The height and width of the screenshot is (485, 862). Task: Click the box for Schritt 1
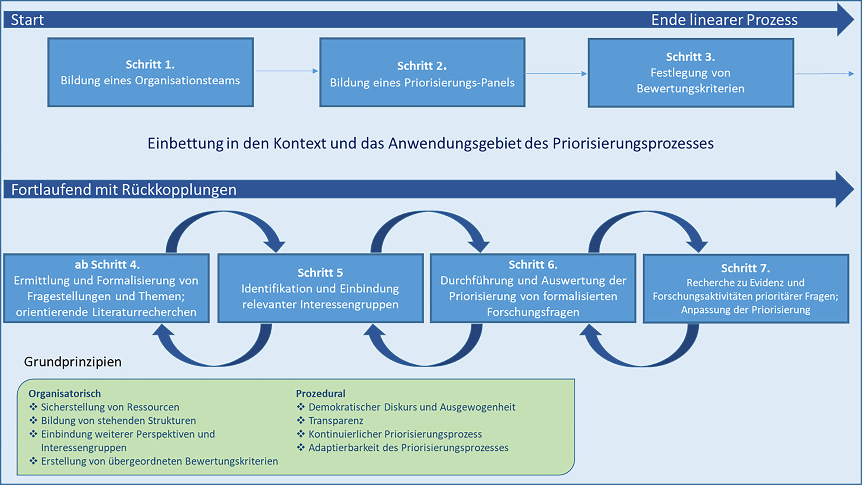(x=150, y=73)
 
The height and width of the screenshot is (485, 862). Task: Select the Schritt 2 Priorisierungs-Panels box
(x=422, y=73)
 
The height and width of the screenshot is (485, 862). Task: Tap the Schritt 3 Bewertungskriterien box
(x=690, y=73)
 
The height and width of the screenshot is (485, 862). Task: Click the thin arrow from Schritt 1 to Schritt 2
(x=286, y=71)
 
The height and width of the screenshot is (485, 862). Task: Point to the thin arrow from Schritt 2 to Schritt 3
(x=556, y=74)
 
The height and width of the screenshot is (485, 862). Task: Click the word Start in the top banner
(x=27, y=20)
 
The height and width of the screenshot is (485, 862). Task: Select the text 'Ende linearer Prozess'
(x=724, y=20)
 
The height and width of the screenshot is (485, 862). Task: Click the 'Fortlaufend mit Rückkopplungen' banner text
(x=124, y=189)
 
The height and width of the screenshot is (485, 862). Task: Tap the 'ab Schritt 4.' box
(x=107, y=288)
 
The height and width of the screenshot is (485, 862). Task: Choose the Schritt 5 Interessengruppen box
(x=320, y=288)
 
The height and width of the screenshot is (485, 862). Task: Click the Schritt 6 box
(x=533, y=288)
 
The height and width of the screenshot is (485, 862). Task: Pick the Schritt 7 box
(x=745, y=288)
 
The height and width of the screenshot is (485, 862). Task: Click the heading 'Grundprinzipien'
(x=73, y=361)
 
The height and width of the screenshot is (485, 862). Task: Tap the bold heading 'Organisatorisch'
(x=65, y=393)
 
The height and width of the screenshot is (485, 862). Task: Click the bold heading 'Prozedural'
(x=320, y=393)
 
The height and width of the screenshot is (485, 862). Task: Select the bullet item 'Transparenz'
(x=336, y=420)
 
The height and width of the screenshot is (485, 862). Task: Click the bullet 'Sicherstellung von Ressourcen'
(x=110, y=407)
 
